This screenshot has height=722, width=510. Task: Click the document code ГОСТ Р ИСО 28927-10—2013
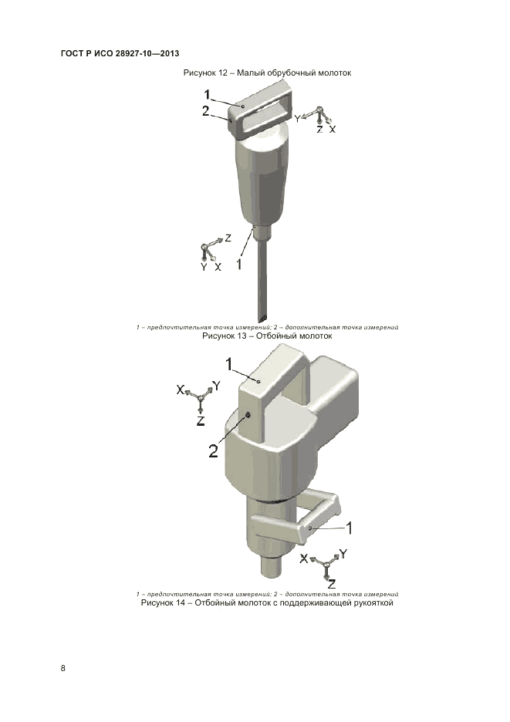point(120,53)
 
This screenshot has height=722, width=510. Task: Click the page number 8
point(63,668)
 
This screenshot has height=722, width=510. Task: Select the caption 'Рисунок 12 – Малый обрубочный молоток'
point(267,73)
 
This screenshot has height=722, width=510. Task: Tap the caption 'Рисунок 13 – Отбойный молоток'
point(267,336)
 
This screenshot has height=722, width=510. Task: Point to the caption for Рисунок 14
point(267,602)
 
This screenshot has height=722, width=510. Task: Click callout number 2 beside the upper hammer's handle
point(205,111)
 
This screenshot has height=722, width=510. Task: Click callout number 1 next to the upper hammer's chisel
point(239,265)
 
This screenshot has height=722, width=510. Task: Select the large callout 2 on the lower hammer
point(213,450)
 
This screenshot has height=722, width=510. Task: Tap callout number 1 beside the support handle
point(350,528)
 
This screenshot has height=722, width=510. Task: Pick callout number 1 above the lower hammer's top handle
point(229,364)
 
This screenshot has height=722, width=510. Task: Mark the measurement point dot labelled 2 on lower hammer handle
point(248,415)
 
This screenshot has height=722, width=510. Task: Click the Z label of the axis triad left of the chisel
point(228,238)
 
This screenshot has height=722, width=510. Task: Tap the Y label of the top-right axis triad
point(298,119)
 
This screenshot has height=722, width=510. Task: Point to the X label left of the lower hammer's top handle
point(181,390)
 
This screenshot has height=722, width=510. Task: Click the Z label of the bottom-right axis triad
point(332,585)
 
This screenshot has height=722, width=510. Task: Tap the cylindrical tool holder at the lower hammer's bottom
point(272,566)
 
